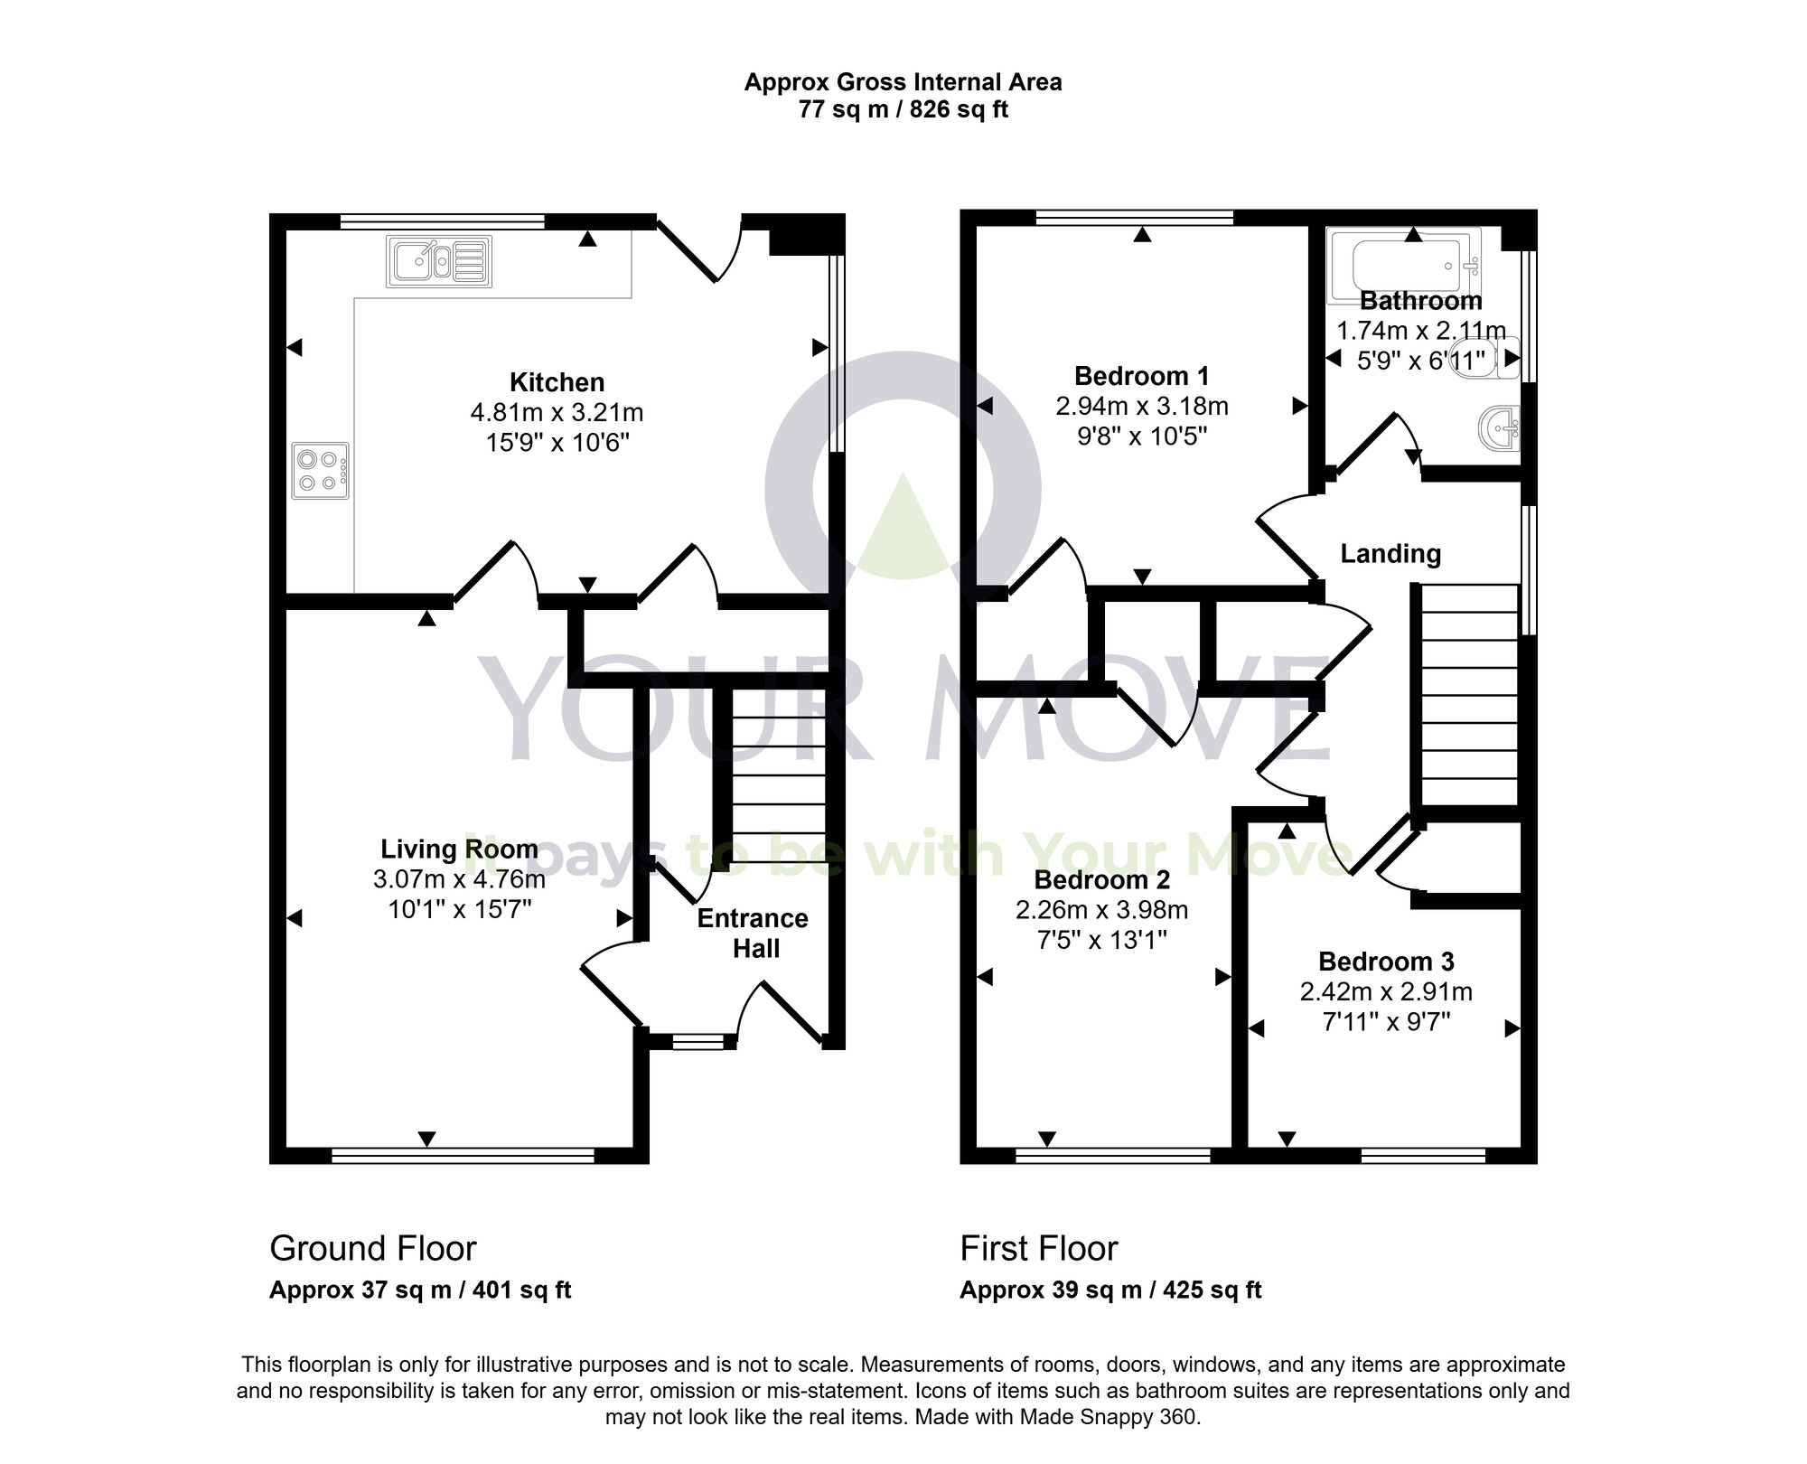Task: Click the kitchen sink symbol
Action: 439,261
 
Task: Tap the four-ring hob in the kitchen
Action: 320,470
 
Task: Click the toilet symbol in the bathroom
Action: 1492,357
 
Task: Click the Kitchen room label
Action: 557,382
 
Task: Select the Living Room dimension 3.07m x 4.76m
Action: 459,878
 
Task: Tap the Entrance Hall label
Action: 753,933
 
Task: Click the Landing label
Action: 1390,553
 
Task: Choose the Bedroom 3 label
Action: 1386,962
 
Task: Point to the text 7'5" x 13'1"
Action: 1101,940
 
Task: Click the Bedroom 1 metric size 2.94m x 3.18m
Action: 1142,406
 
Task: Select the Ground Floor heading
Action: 372,1248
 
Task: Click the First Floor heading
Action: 1038,1248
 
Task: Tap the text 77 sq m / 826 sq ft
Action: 903,110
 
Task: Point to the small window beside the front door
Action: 698,1043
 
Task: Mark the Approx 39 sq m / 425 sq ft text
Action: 1109,1290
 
